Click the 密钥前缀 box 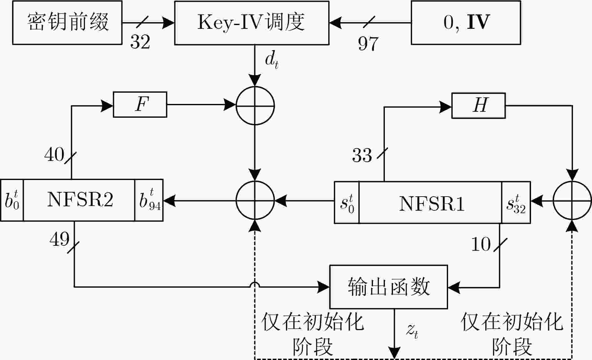coord(67,23)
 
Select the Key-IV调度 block coord(252,23)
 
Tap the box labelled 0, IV coord(466,23)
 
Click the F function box coord(140,105)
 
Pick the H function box coord(479,105)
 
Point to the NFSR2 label coord(80,199)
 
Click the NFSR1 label coord(432,203)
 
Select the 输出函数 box coord(389,287)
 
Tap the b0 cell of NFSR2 coord(12,200)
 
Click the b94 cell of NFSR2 coord(149,200)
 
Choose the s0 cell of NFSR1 coord(347,202)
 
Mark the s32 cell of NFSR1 coord(516,202)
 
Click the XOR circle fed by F coord(255,105)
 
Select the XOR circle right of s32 coord(572,201)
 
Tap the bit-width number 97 coord(368,43)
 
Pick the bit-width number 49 coord(59,239)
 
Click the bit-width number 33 coord(362,155)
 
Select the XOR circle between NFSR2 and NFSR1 coord(255,200)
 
